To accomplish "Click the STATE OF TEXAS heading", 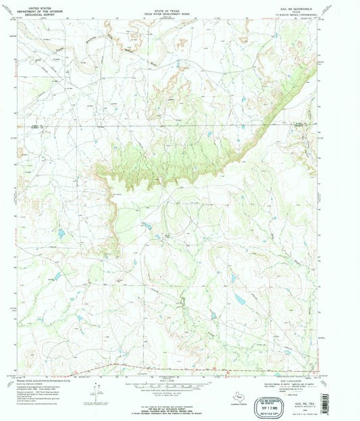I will (x=175, y=4).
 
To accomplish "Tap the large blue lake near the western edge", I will (x=61, y=234).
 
